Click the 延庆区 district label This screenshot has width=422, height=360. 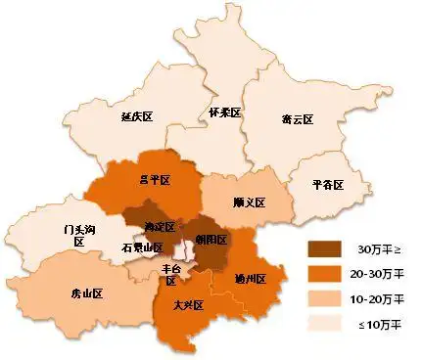coord(138,116)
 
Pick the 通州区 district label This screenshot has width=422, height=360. coord(251,278)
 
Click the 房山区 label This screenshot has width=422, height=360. coord(87,292)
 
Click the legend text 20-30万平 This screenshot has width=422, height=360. coord(383,273)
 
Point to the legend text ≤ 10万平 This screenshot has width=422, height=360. coord(385,322)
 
